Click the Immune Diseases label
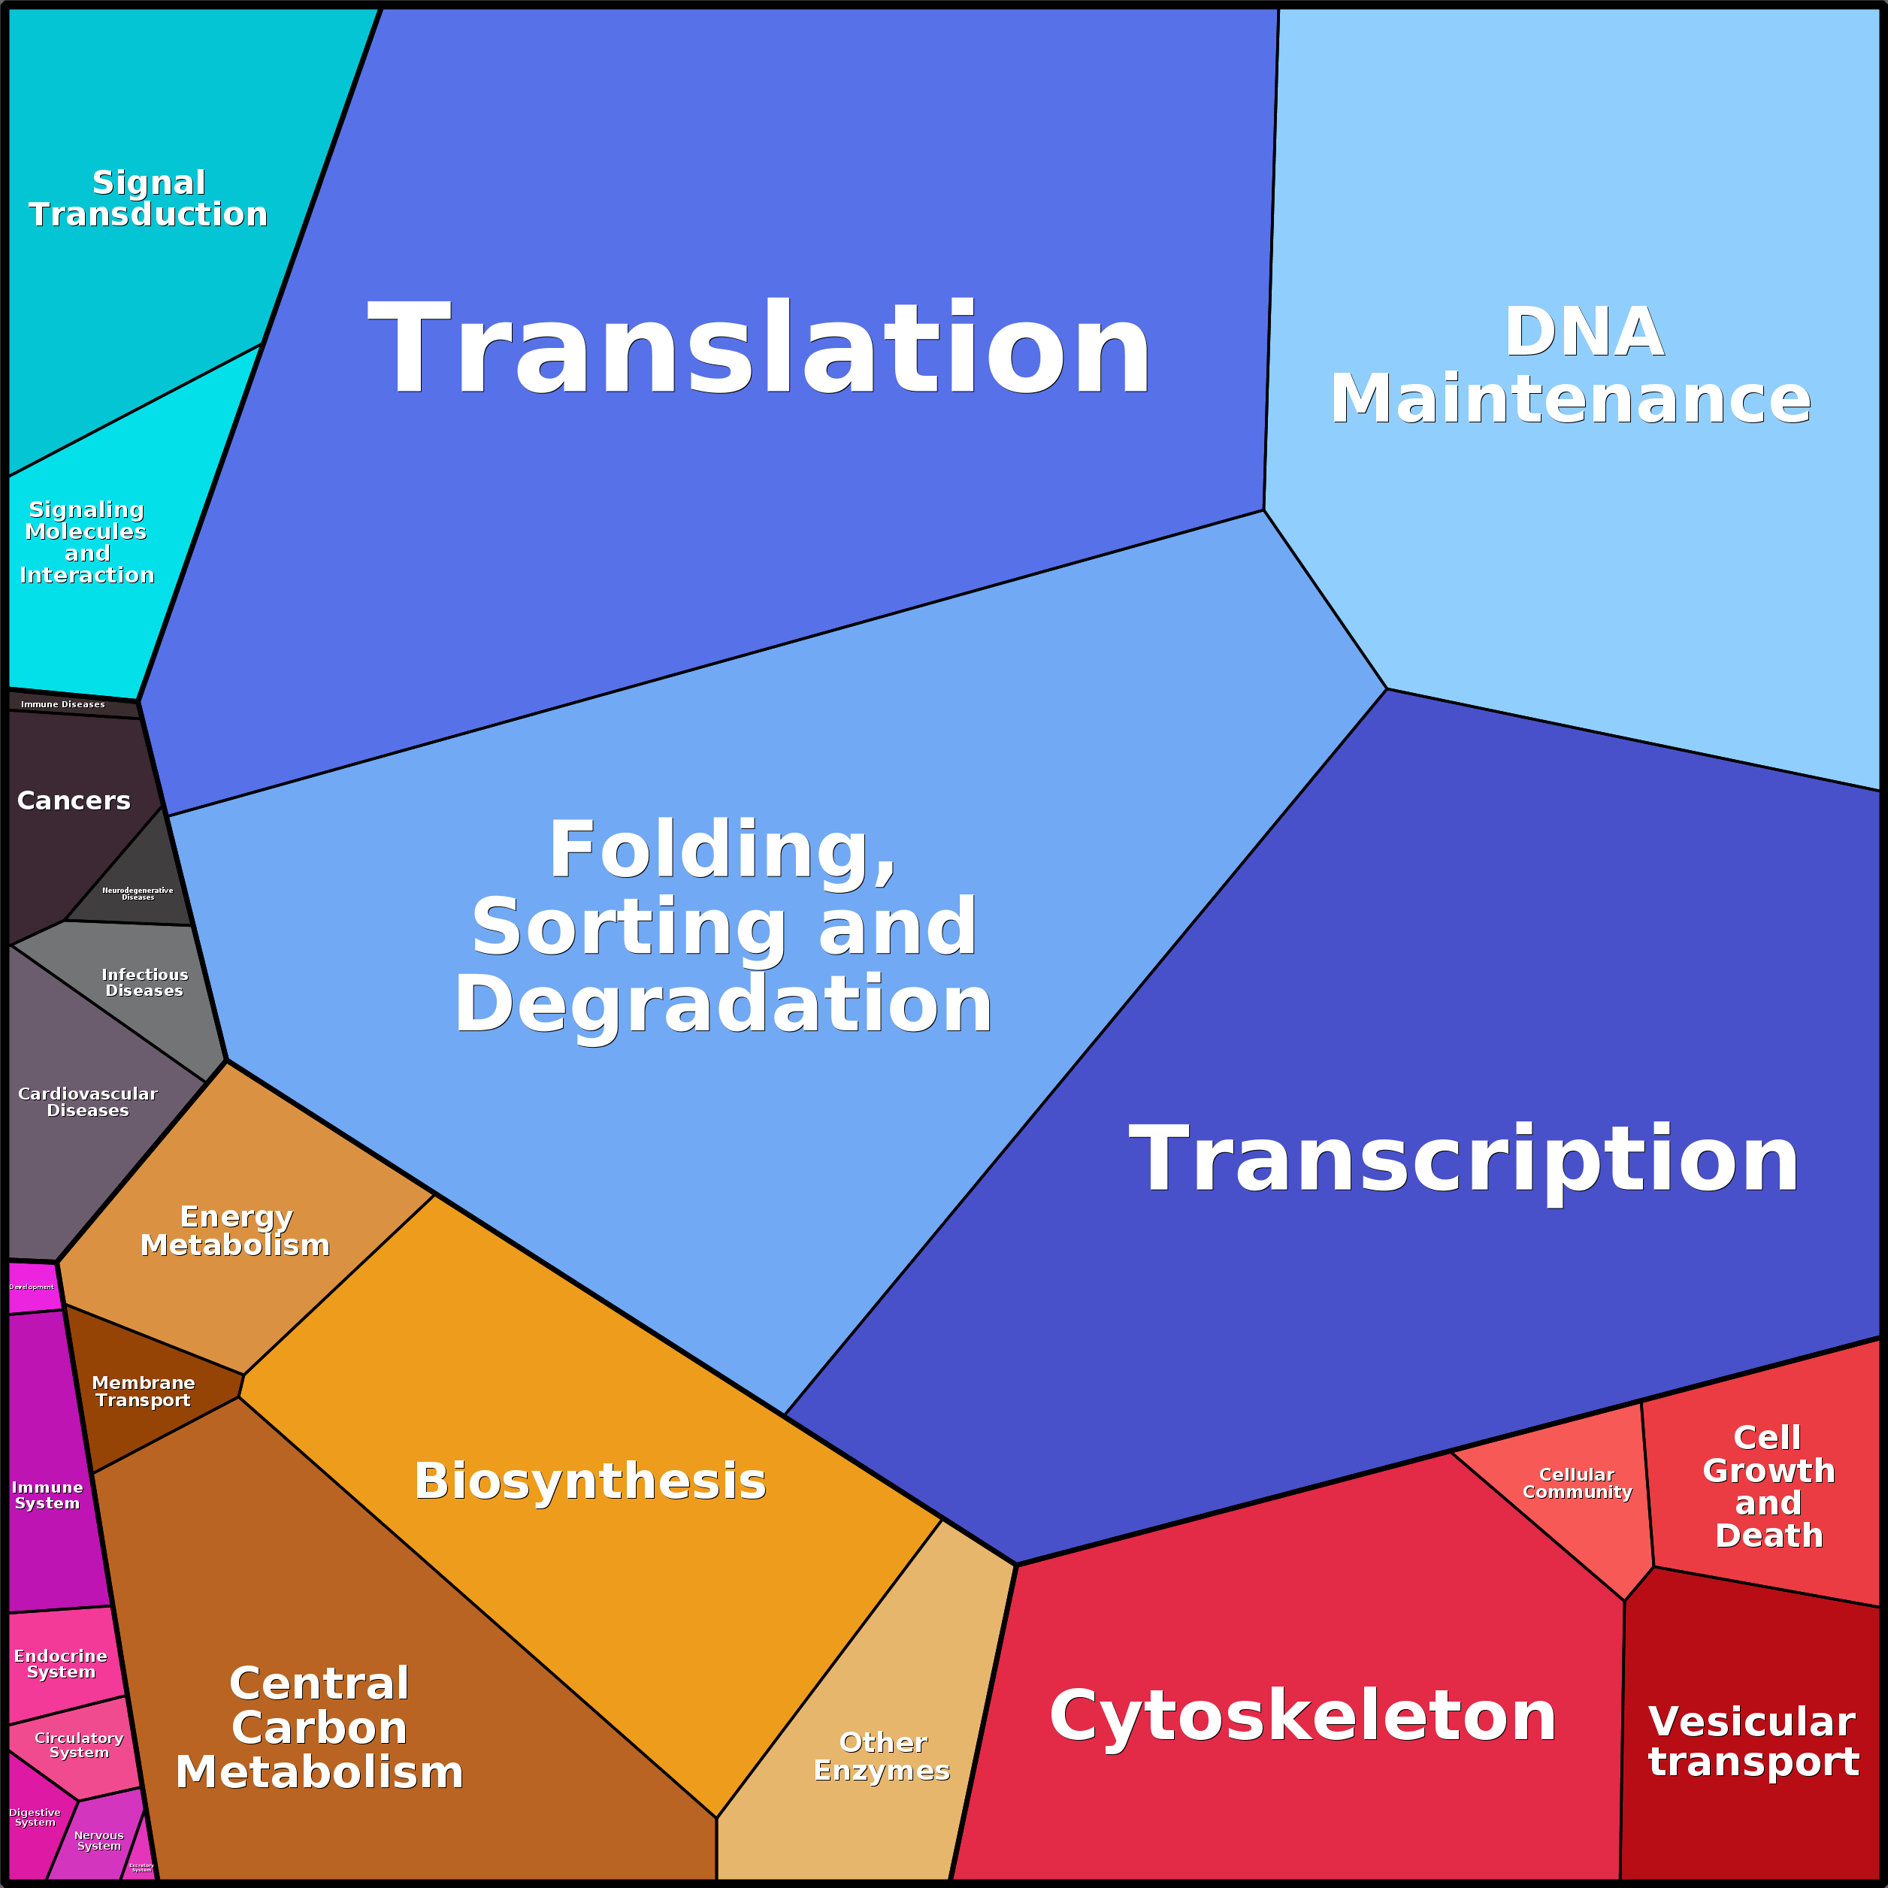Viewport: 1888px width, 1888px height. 62,703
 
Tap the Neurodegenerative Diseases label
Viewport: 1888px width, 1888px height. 138,893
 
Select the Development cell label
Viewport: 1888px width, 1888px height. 32,1287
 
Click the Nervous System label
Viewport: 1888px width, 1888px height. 98,1840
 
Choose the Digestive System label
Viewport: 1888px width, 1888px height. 35,1817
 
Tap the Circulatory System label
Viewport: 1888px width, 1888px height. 79,1744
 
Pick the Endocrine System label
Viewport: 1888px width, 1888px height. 61,1663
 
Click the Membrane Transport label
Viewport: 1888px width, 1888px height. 143,1390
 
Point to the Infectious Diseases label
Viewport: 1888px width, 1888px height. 144,982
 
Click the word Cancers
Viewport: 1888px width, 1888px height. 74,800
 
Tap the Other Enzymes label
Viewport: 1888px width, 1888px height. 882,1756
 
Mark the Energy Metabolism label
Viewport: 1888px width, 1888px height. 235,1230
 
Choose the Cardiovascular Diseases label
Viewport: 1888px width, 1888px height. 88,1101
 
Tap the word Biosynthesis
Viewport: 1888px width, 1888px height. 590,1481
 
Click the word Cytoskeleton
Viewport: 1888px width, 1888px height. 1303,1716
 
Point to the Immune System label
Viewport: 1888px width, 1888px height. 47,1494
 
